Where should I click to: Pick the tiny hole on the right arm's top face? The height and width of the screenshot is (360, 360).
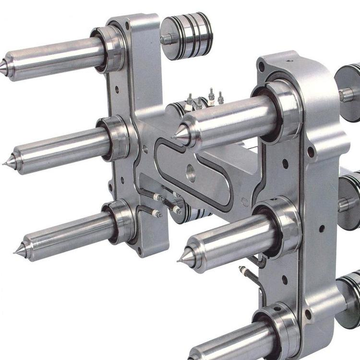pos(289,61)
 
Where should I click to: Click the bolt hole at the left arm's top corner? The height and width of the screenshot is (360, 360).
pos(127,25)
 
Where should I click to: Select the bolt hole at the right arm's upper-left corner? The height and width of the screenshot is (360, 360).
pos(261,67)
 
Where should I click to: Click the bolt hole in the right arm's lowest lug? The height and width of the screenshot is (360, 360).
pos(307,315)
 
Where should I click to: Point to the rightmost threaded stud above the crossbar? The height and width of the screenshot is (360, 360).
pos(221,98)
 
